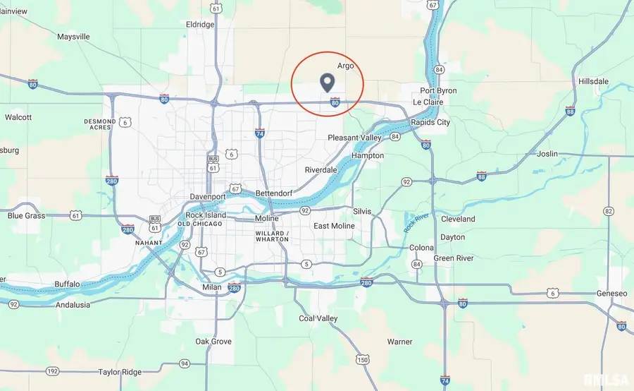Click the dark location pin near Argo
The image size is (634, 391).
coord(327,82)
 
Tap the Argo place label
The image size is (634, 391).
coord(345,66)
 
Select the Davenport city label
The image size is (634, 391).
coord(207,196)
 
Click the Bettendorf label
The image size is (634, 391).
coord(273,192)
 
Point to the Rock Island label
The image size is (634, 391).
coord(206,215)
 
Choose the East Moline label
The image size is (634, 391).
coord(335,226)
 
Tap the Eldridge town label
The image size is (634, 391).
coord(199,25)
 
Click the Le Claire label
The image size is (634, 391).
coord(427,102)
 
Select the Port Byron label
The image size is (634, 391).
coord(438,91)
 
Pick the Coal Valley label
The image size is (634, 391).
coord(318,318)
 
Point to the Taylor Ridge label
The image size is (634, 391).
coord(120,372)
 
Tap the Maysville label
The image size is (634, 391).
coord(73,36)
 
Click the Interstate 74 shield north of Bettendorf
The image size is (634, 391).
coord(260,133)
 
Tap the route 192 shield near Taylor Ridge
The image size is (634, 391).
coord(52,371)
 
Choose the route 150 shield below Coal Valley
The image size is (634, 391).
coord(363,360)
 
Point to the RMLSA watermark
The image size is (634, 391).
coord(607,380)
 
